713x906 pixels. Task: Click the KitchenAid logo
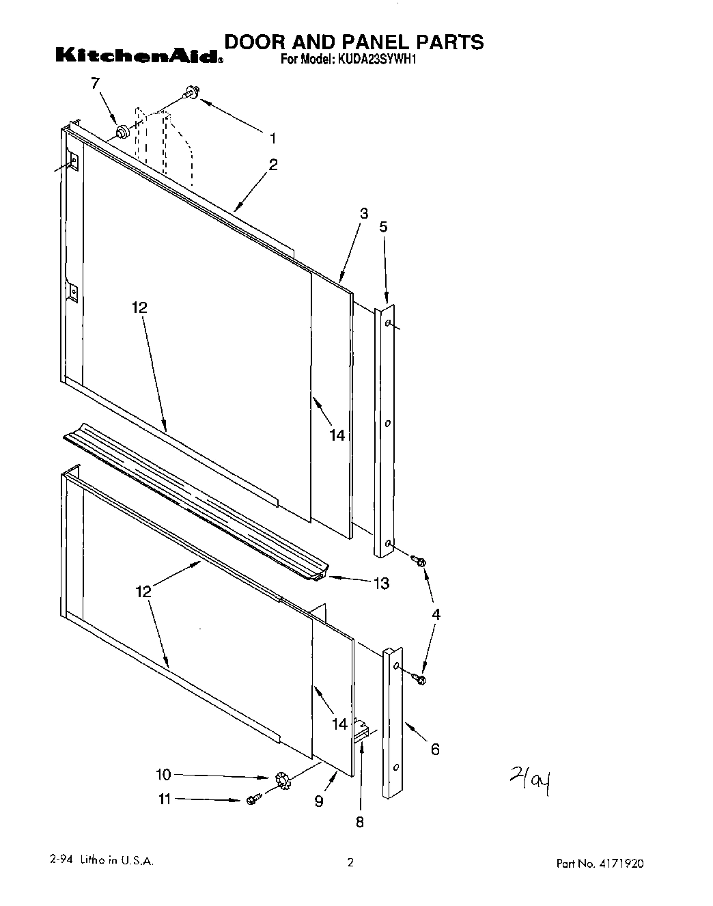tap(139, 55)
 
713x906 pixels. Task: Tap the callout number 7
tap(95, 83)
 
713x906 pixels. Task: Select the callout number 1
tap(272, 139)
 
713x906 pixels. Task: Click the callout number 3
tap(364, 214)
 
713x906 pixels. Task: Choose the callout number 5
tap(383, 227)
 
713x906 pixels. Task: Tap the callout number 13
tap(381, 583)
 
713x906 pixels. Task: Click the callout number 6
tap(435, 750)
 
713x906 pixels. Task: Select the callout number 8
tap(360, 822)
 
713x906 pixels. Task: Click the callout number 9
tap(319, 801)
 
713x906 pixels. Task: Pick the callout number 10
tap(164, 775)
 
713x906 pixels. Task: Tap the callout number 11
tap(165, 799)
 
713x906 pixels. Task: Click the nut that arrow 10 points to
tap(280, 780)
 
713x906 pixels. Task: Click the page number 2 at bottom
tap(350, 863)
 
